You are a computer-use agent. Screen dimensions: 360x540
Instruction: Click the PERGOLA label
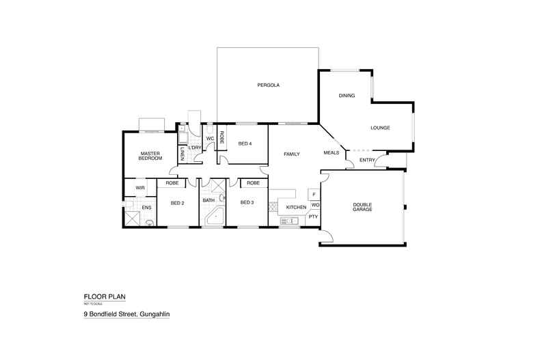(x=269, y=85)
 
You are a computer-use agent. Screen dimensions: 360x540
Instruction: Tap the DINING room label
(x=347, y=96)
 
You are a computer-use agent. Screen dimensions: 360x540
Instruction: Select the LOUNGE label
(x=380, y=128)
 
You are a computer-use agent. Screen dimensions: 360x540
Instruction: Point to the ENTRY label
(x=366, y=161)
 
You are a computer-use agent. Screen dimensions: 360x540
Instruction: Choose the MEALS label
(x=332, y=153)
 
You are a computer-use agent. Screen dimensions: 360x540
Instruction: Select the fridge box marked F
(x=314, y=194)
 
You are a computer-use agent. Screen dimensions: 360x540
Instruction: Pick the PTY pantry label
(x=314, y=217)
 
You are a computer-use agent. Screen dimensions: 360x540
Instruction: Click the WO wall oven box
(x=315, y=205)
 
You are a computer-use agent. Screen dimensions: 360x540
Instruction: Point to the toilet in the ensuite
(x=149, y=221)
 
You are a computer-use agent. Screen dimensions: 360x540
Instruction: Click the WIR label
(x=140, y=187)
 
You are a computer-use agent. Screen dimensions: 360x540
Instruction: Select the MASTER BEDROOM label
(x=150, y=156)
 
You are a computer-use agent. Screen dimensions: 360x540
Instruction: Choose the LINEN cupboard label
(x=183, y=155)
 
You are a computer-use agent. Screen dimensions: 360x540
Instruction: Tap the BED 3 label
(x=247, y=203)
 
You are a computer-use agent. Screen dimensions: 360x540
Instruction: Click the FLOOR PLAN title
(x=105, y=296)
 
